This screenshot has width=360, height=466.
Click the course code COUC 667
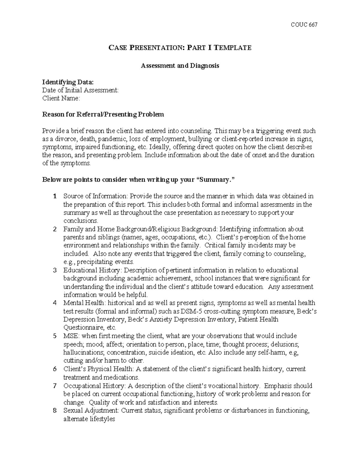304,25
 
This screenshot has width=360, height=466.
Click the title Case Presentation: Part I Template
180,48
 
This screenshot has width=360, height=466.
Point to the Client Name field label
61,98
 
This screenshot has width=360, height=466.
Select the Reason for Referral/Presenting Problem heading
103,114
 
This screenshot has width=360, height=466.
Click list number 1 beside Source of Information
55,197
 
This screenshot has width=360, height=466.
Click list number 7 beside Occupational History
55,386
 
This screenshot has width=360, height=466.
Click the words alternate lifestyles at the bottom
89,419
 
